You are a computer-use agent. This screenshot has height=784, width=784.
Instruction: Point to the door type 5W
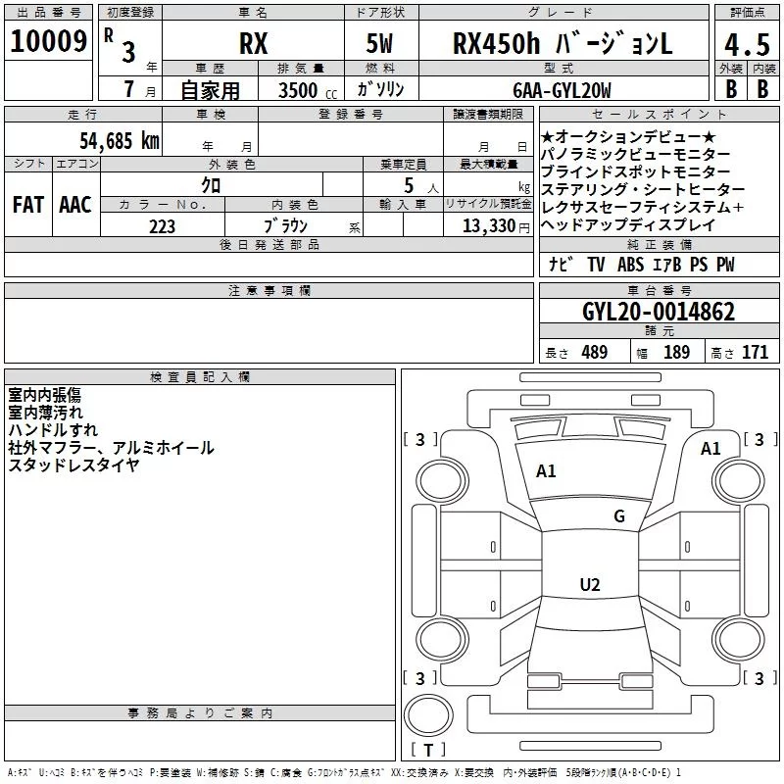coord(379,45)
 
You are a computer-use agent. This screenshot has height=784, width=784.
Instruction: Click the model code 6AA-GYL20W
coord(562,90)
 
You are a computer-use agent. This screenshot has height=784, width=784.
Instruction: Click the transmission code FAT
coord(28,205)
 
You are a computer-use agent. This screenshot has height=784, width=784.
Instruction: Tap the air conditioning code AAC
coord(74,205)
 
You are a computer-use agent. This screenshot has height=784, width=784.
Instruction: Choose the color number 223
coord(163,226)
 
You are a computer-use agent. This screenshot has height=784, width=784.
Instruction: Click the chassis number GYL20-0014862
coord(658,312)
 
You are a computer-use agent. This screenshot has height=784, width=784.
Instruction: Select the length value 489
coord(594,353)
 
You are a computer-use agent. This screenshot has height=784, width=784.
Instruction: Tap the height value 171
coord(755,353)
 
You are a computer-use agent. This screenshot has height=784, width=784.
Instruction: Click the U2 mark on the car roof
coord(589,585)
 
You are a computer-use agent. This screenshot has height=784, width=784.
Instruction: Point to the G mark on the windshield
coord(619,516)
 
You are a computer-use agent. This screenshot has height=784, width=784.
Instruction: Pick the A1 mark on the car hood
coord(546,471)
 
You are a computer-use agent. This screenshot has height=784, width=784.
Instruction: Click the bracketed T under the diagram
coord(427,751)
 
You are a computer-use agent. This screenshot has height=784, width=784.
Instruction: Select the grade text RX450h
coord(497,45)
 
